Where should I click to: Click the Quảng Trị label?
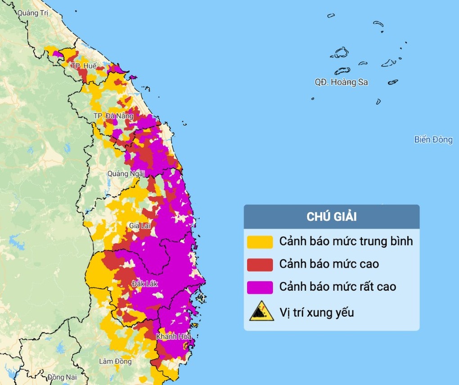click(32, 13)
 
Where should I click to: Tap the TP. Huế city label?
click(84, 66)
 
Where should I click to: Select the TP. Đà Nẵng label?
click(113, 116)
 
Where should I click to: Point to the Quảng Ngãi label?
click(126, 173)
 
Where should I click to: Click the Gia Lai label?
click(139, 225)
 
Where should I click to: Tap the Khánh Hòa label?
click(174, 337)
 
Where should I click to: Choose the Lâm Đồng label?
click(116, 361)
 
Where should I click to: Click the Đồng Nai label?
click(62, 377)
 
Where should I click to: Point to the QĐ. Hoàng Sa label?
click(341, 82)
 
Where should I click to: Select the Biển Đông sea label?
click(433, 140)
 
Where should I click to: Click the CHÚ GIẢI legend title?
click(332, 217)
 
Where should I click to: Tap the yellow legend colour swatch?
click(260, 242)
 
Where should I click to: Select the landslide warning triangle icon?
click(261, 311)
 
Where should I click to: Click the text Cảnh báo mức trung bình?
click(346, 241)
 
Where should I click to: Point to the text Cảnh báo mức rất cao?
click(337, 286)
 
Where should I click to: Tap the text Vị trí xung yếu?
click(316, 312)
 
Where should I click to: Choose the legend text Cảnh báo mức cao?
click(329, 264)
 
